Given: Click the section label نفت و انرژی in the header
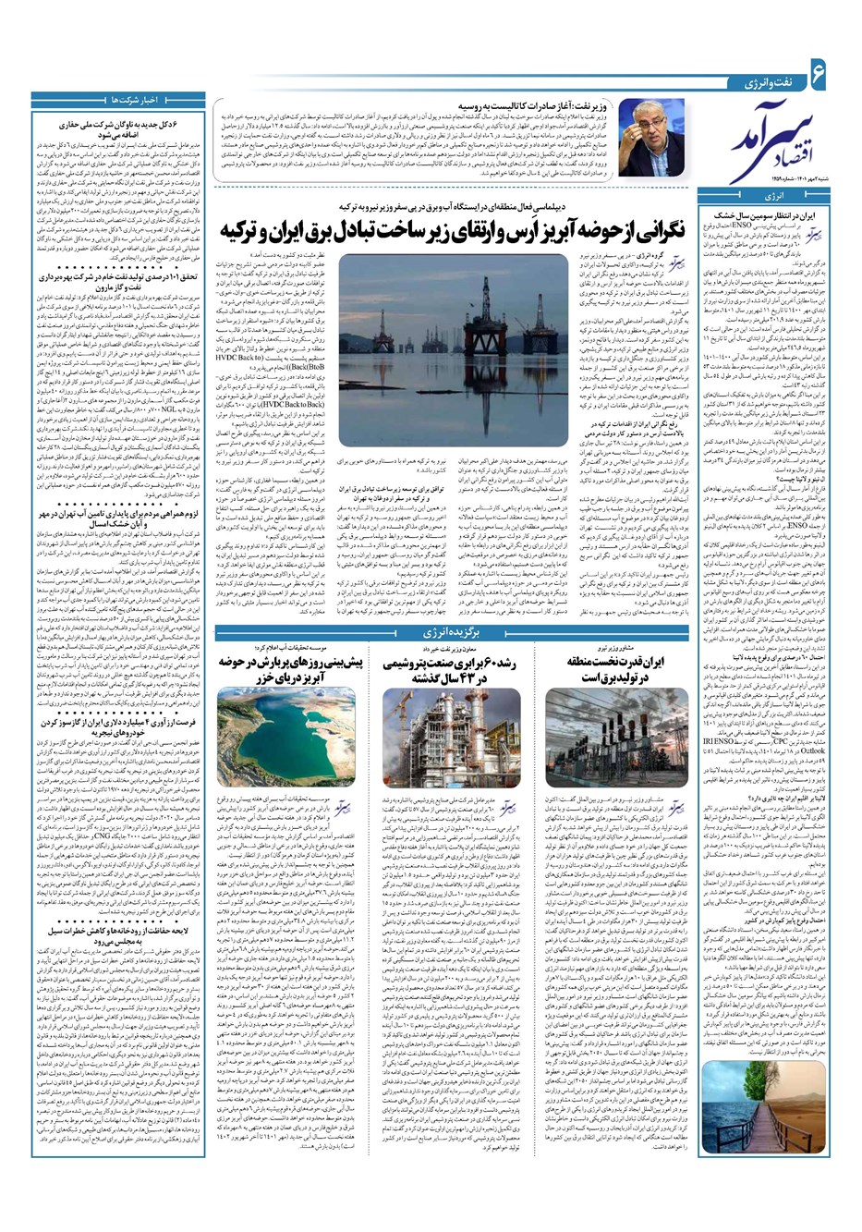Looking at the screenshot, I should (x=747, y=83).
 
